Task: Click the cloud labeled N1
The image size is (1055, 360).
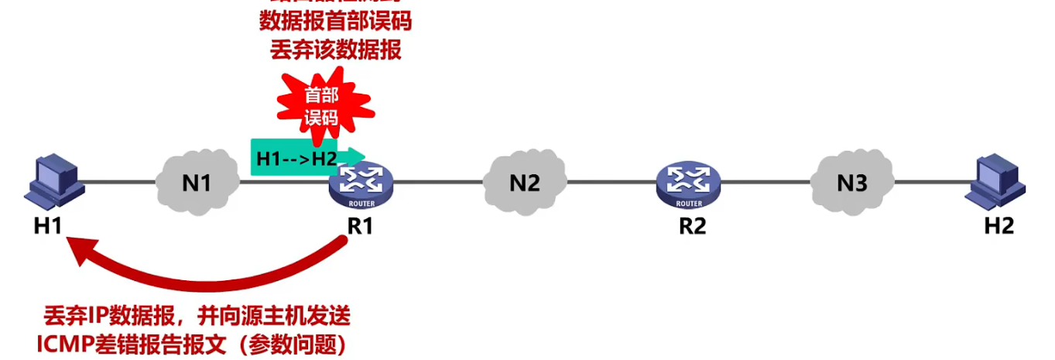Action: [x=197, y=183]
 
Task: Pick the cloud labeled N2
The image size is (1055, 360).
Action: [x=524, y=183]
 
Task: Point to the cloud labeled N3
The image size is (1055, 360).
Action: [x=851, y=183]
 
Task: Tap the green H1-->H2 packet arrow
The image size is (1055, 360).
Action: [x=306, y=158]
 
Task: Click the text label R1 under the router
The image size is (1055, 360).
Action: [x=361, y=227]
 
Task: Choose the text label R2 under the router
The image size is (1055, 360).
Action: [x=688, y=227]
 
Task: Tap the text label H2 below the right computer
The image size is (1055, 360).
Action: [x=998, y=227]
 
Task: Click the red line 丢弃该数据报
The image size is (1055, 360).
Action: [x=335, y=50]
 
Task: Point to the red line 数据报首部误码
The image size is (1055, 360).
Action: [x=335, y=21]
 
